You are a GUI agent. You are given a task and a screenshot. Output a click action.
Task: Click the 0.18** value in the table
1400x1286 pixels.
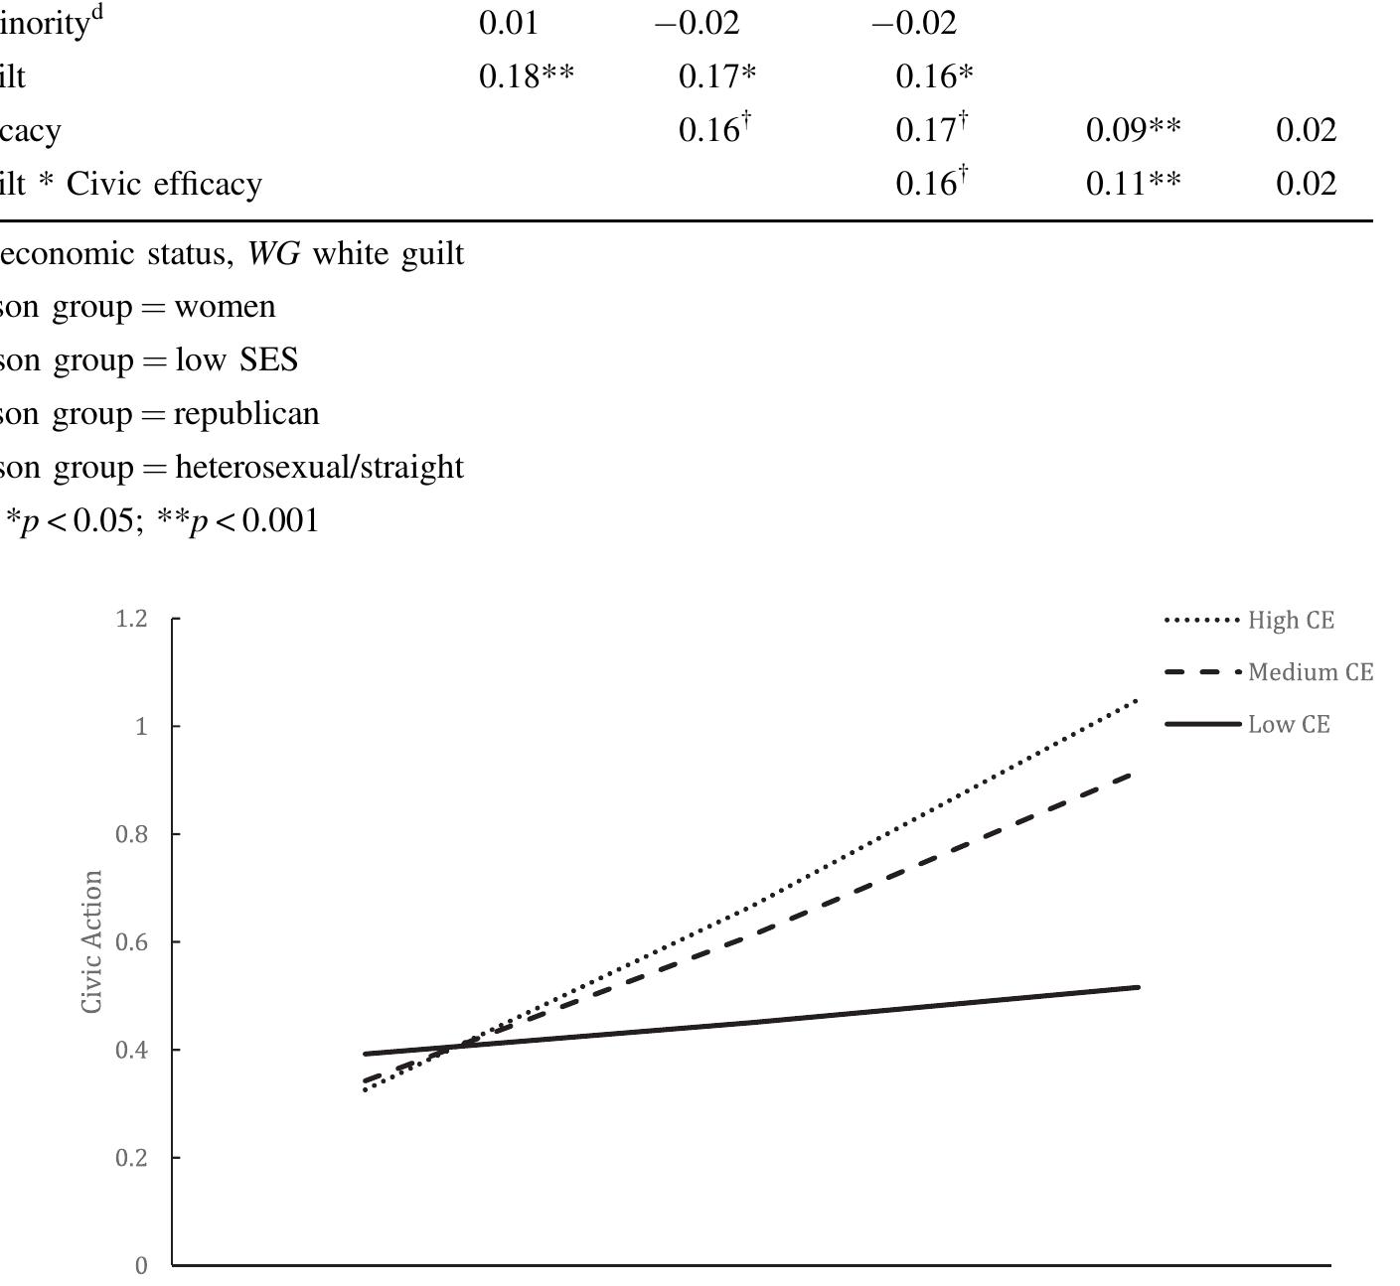pos(526,76)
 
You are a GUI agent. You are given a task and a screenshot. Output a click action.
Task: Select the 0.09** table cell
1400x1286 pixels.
pos(1133,130)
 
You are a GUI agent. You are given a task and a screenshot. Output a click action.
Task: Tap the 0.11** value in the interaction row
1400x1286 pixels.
pos(1133,184)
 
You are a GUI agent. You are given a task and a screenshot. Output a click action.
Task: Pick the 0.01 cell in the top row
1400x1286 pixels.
pos(509,23)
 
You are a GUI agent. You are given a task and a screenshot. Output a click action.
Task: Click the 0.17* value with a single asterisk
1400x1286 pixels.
pos(716,76)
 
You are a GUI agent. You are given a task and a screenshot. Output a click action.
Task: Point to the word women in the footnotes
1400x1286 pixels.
pos(225,307)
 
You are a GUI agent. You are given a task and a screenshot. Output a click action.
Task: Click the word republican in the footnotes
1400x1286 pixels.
pos(246,414)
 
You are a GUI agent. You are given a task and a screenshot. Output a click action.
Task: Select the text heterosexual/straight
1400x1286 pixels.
pos(319,467)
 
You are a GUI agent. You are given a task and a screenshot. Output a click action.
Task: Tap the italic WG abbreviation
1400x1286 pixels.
pos(273,254)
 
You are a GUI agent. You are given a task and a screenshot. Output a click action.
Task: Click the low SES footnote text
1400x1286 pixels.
pos(236,360)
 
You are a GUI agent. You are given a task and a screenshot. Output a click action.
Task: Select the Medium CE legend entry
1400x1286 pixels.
pos(1311,673)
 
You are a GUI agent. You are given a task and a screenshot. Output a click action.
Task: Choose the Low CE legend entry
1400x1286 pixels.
pos(1289,725)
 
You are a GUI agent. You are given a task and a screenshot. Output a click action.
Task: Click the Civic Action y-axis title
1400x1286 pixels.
pos(92,941)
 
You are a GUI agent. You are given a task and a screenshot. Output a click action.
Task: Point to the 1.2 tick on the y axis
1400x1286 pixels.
pos(131,620)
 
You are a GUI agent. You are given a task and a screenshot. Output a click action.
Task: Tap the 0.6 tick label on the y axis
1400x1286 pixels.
pos(131,942)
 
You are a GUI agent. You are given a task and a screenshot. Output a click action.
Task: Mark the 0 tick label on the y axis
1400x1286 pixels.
pos(141,1266)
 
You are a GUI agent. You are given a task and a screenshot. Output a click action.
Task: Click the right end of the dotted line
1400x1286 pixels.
pos(1137,701)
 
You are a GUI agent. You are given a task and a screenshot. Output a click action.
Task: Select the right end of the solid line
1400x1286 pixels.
pos(1138,987)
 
